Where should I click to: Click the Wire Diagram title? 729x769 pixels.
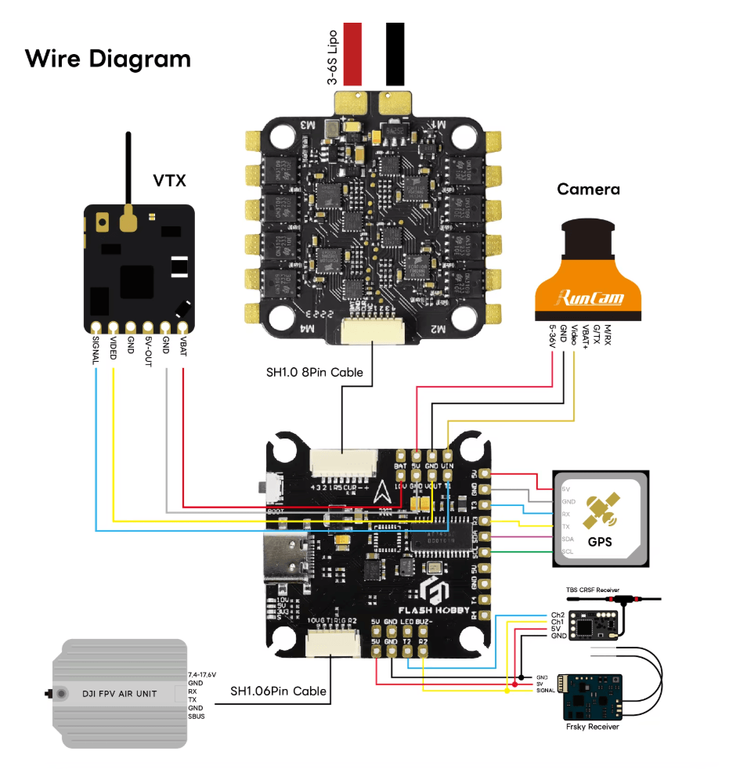(108, 59)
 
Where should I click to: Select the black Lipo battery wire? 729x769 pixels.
(395, 53)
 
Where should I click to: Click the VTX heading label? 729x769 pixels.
(169, 181)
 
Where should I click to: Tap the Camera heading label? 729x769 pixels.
(588, 190)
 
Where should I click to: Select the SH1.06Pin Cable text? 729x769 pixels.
(278, 691)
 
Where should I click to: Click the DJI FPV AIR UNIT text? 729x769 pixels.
(120, 694)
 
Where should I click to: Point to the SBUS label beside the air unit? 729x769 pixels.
(197, 717)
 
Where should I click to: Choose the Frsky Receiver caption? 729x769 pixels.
(593, 727)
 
